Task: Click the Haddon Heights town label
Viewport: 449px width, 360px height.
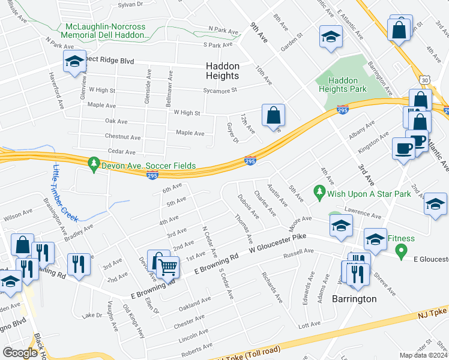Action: click(222, 71)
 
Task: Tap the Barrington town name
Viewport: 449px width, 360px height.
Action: click(355, 299)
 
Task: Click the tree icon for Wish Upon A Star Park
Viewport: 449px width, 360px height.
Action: click(319, 193)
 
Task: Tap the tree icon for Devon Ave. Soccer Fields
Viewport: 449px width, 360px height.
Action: click(93, 163)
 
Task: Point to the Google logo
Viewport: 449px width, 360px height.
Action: click(20, 352)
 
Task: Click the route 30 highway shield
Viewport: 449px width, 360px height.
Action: click(425, 79)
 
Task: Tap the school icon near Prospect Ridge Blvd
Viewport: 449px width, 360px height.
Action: click(75, 61)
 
